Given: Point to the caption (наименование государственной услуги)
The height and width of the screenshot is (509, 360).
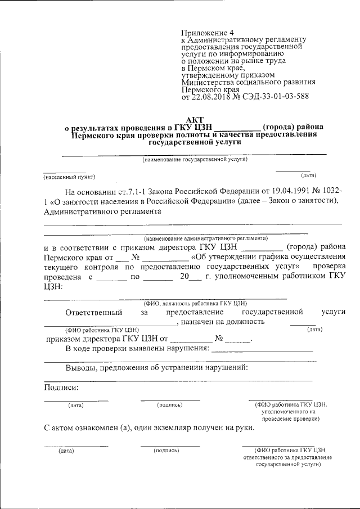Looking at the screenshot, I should click(x=195, y=159).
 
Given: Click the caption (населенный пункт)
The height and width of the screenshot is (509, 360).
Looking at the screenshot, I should click(x=70, y=177).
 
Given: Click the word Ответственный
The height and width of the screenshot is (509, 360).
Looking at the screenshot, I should click(x=94, y=312).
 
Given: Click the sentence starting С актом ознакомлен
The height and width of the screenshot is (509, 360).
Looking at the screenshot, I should click(x=149, y=427).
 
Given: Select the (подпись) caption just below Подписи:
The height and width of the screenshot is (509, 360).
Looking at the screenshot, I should click(x=170, y=404).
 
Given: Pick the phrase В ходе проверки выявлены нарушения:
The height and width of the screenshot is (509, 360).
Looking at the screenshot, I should click(x=137, y=349).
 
